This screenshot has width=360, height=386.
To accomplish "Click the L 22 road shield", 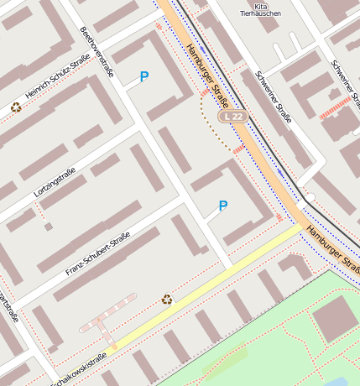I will pos(232,116).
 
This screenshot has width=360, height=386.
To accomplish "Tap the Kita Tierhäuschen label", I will pos(254,9).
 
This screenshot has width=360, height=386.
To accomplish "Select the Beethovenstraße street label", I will pos(96,50).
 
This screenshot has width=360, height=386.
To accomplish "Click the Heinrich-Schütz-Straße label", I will pos(56,86).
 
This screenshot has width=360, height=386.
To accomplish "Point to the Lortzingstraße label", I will pos(55,183).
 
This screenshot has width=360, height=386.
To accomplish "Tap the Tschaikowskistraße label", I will pos(80,369).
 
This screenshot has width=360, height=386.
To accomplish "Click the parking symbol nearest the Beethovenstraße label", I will pos(144,77).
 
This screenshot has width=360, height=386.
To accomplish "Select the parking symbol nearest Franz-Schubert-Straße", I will pos(222,206).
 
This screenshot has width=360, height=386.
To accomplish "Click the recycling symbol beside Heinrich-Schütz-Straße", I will pos(16,107).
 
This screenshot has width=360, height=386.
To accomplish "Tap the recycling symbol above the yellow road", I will pos(167,298).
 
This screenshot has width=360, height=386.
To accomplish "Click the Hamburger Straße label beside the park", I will pos(332,248).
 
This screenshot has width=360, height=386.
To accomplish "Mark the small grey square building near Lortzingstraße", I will pos(49,226).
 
